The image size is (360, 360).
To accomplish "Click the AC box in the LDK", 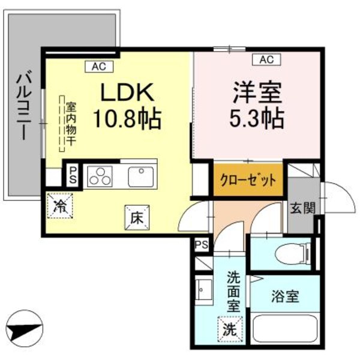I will coord(98,67).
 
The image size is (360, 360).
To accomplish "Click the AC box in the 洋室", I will coord(266,59).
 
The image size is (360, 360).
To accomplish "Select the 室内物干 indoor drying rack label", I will coord(71,123).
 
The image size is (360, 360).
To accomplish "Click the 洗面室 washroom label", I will coord(233,290).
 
